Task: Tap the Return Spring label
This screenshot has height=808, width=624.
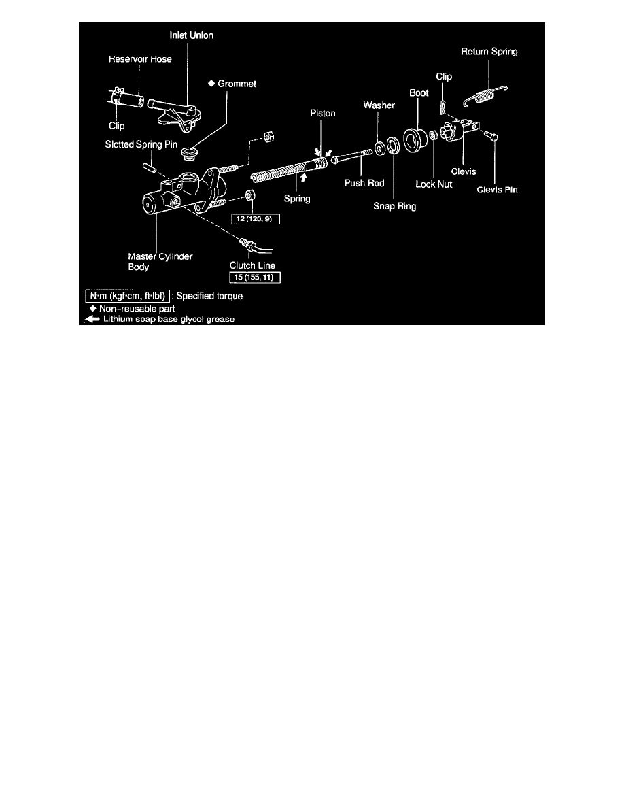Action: (489, 51)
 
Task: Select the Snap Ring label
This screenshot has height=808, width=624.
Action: (394, 206)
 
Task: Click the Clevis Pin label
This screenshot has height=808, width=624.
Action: (497, 190)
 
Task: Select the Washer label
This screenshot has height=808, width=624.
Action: (379, 105)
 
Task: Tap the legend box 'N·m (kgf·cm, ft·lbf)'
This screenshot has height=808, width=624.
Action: (126, 297)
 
